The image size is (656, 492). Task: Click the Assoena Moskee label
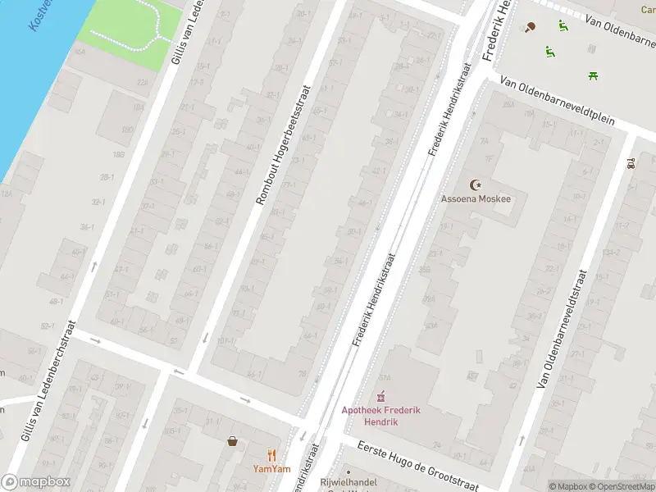point(476,199)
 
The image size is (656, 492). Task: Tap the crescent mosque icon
point(475,185)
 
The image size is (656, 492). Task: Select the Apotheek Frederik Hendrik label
point(380,416)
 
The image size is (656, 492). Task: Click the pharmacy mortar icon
point(381,397)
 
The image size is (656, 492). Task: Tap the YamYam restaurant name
point(271,470)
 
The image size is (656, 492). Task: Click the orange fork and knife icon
point(271,455)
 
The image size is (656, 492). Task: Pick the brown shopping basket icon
point(234,441)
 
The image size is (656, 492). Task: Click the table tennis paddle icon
point(531,27)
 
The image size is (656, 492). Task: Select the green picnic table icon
point(592,76)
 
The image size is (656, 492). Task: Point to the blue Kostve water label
point(39,15)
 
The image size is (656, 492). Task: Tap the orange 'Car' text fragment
point(647,10)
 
